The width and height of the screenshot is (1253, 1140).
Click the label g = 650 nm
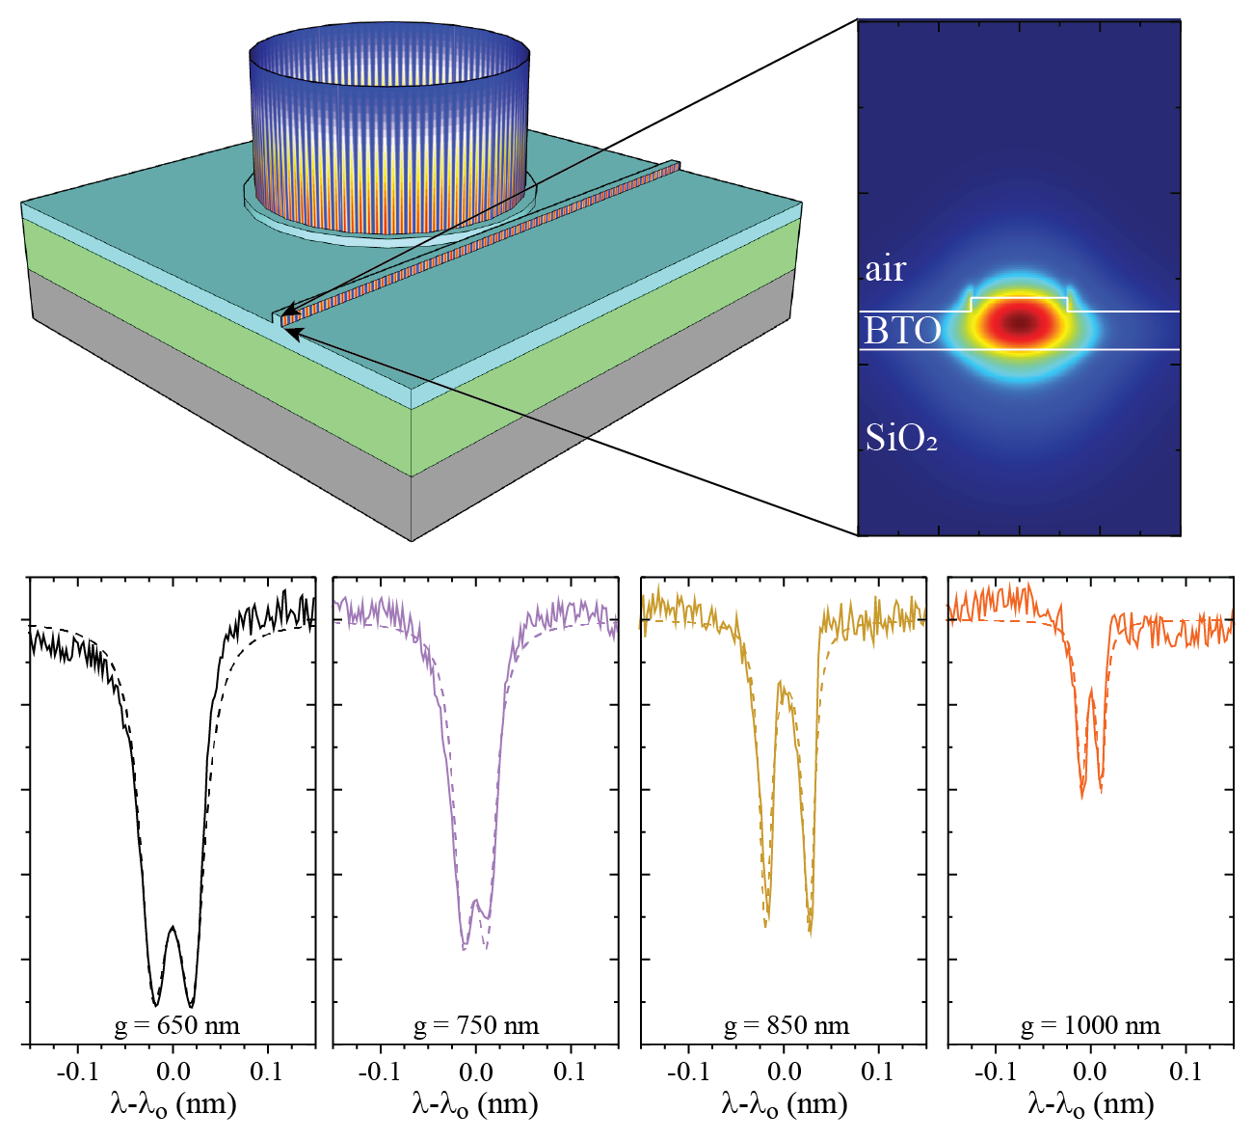click(x=176, y=1025)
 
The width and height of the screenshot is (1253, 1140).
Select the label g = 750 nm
click(x=476, y=1025)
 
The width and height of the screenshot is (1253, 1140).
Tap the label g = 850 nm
click(x=786, y=1025)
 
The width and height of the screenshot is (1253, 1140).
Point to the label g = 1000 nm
click(x=1090, y=1025)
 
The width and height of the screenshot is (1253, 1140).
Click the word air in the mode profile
click(x=885, y=269)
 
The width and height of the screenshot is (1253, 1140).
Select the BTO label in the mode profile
click(x=902, y=331)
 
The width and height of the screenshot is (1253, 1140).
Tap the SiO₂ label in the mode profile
click(x=901, y=438)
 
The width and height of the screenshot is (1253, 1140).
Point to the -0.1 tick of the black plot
click(x=78, y=1072)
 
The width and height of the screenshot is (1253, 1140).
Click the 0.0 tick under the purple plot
click(x=475, y=1072)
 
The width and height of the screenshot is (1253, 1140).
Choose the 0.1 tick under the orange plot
click(x=1185, y=1072)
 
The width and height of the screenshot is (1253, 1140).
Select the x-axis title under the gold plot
click(x=784, y=1104)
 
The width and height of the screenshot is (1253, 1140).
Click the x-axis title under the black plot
click(x=173, y=1104)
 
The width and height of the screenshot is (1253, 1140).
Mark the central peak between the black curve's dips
click(x=173, y=928)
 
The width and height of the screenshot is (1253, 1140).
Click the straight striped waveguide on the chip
click(x=482, y=241)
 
